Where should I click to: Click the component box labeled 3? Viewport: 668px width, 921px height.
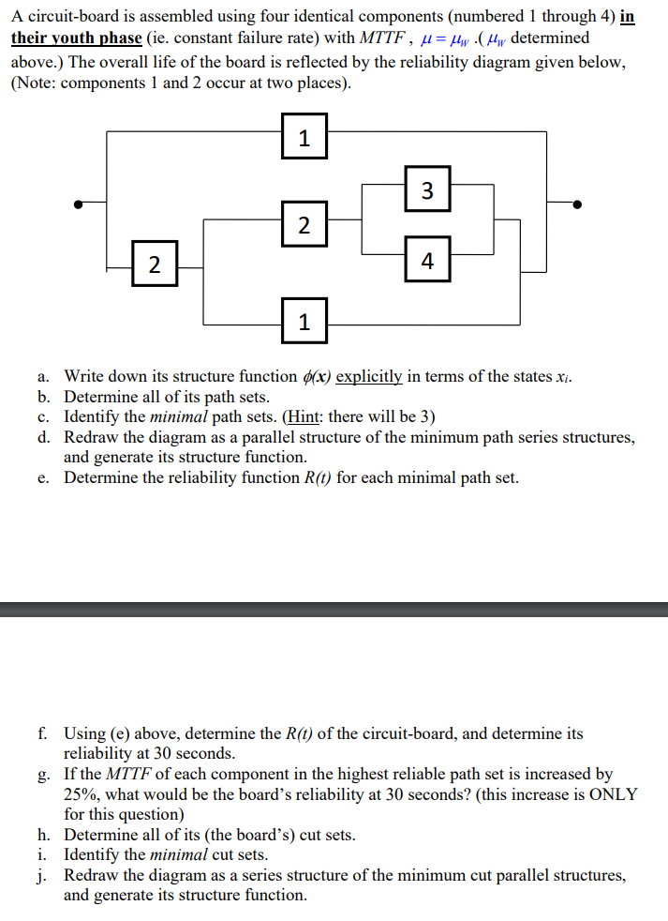(427, 189)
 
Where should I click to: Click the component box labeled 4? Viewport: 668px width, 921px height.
(427, 261)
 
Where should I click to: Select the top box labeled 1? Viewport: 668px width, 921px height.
(304, 138)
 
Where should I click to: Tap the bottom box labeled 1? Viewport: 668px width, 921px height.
(304, 323)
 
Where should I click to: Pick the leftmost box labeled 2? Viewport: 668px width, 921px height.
(155, 261)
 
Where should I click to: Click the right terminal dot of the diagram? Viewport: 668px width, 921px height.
(577, 204)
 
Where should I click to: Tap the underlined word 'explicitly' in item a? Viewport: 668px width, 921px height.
(369, 376)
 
